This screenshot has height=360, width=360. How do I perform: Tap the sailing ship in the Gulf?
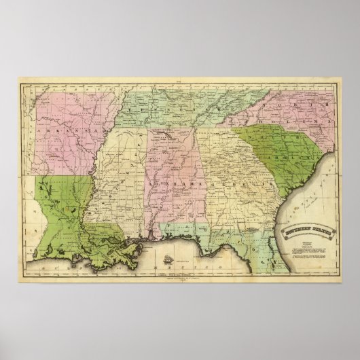[166, 259]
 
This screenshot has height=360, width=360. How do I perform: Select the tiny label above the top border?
[180, 80]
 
